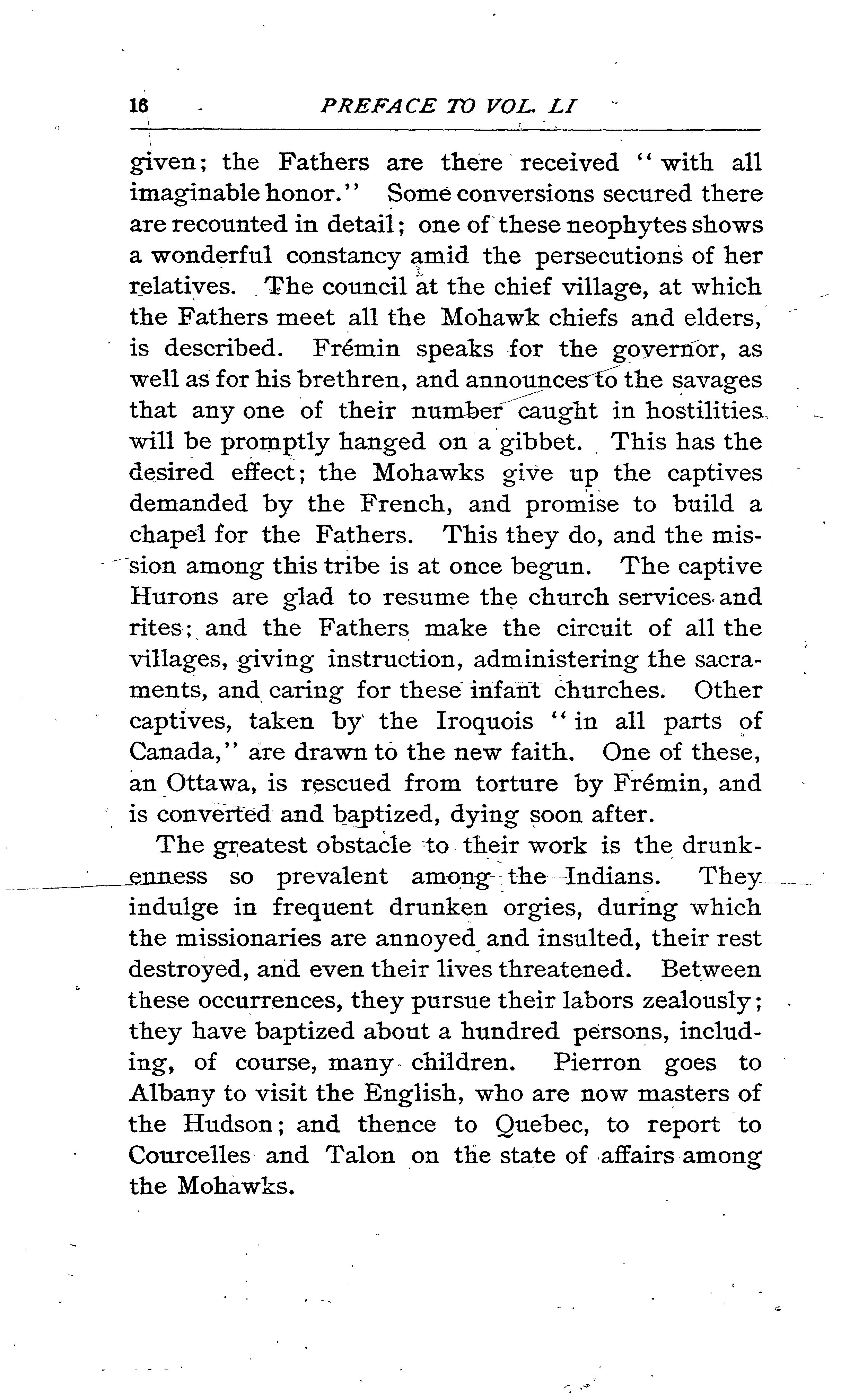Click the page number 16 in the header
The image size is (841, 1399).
(x=139, y=106)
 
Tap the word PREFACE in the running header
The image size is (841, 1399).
(x=378, y=106)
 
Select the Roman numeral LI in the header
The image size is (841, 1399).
(x=562, y=106)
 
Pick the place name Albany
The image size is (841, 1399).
(x=171, y=1094)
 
